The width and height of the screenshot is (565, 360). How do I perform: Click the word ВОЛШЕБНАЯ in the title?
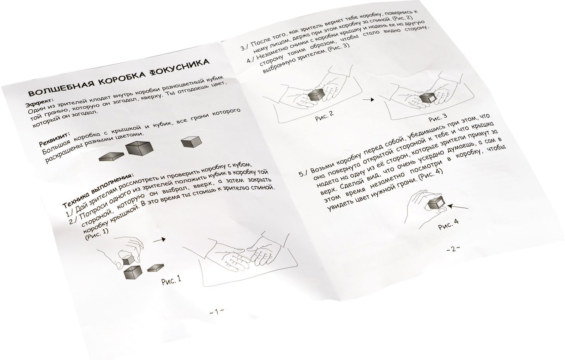point(60,87)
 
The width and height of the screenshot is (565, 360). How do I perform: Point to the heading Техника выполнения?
point(97,189)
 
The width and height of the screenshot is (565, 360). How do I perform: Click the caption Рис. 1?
point(171,280)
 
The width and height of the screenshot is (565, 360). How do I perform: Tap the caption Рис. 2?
point(324,116)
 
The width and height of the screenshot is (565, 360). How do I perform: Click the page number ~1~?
point(216,312)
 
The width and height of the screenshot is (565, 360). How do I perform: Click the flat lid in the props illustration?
point(111,156)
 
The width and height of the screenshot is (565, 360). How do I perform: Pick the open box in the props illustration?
point(140,148)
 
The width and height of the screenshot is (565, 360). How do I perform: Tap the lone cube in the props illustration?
point(192,142)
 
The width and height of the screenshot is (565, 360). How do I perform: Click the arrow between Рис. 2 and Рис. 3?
point(368,100)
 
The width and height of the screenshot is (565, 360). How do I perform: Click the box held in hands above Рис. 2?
point(316,96)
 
